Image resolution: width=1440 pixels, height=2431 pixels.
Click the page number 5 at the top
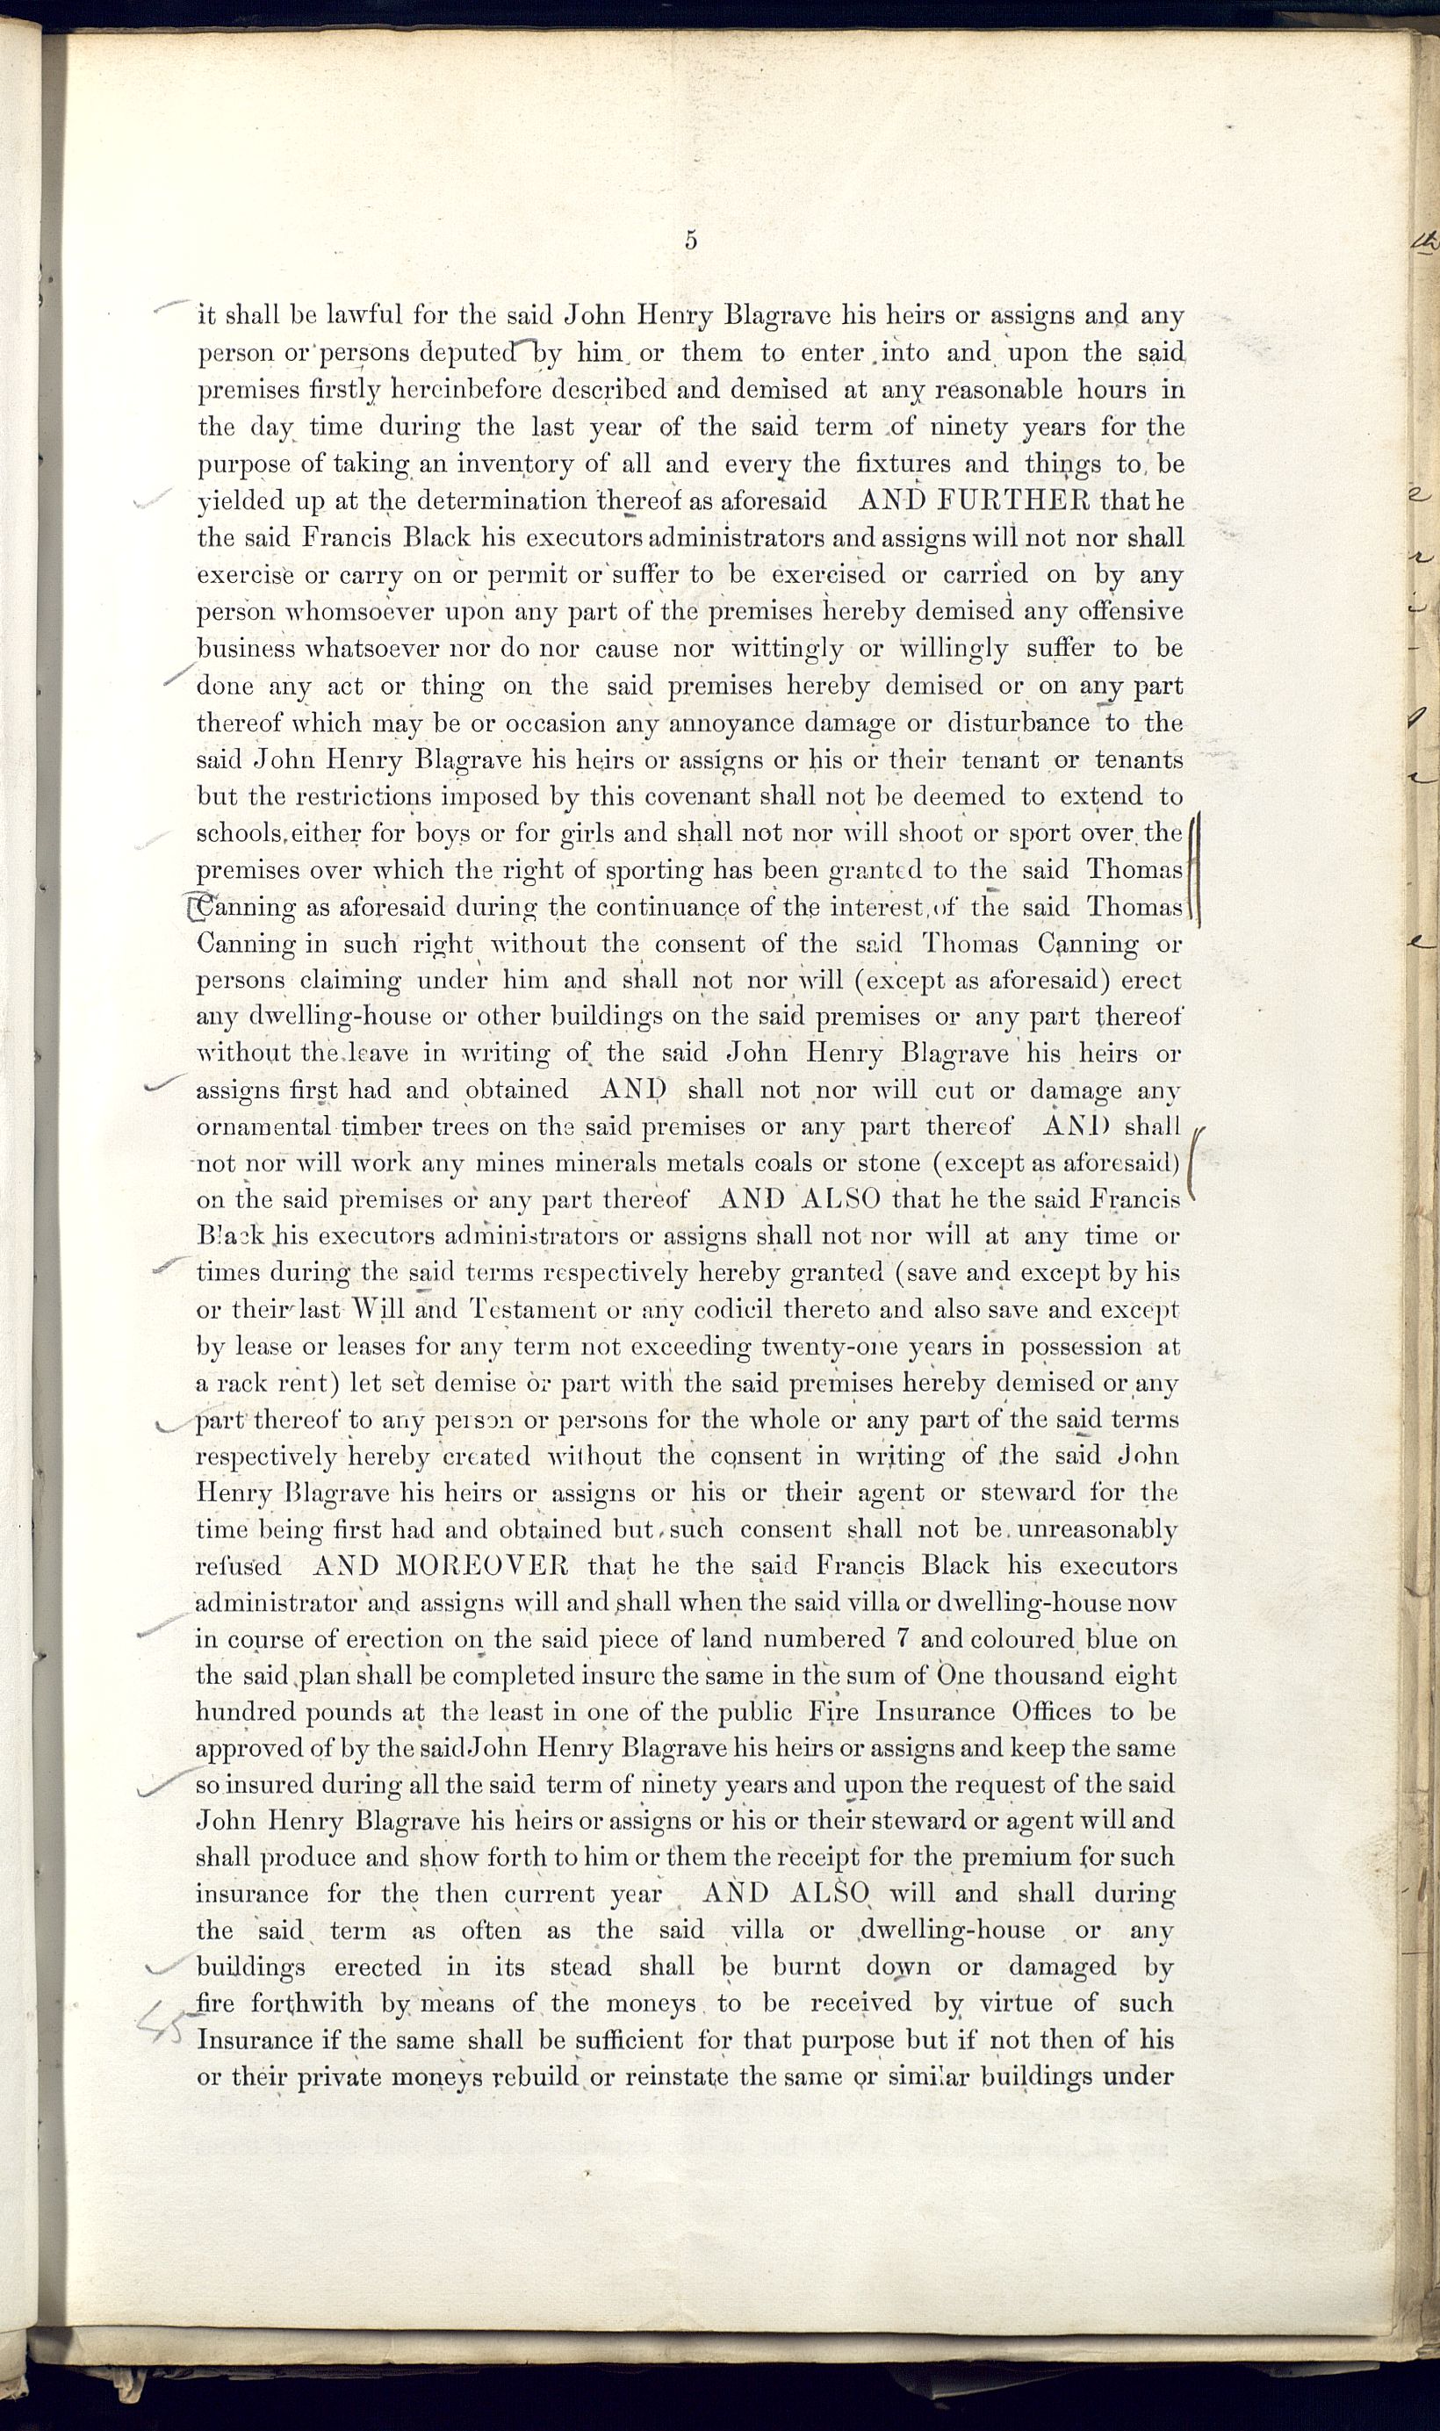point(691,241)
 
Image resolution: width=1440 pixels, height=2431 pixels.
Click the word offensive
point(1125,612)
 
